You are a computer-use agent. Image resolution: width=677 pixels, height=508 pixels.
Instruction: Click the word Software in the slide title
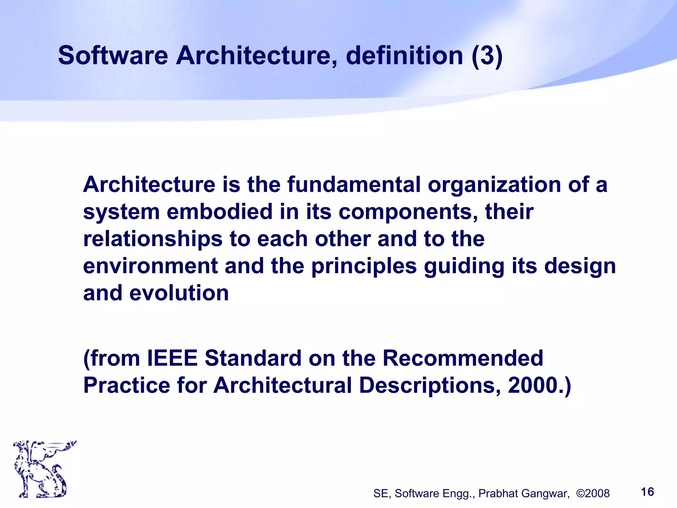pyautogui.click(x=113, y=56)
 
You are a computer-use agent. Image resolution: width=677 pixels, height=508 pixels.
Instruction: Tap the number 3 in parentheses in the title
pyautogui.click(x=487, y=56)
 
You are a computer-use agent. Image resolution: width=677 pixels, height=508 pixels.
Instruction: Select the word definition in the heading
pyautogui.click(x=404, y=56)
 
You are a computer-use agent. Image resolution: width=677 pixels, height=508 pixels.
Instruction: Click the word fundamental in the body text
pyautogui.click(x=354, y=184)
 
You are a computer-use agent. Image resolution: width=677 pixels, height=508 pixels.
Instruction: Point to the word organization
pyautogui.click(x=494, y=184)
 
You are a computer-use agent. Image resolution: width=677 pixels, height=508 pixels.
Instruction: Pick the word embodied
pyautogui.click(x=219, y=212)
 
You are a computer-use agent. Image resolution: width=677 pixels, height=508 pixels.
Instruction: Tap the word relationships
pyautogui.click(x=153, y=239)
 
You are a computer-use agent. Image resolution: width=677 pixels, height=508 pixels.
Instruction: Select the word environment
pyautogui.click(x=150, y=266)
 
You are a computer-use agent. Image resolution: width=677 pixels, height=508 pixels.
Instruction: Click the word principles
pyautogui.click(x=364, y=267)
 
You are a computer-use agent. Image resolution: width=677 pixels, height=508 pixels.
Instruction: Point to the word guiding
pyautogui.click(x=464, y=267)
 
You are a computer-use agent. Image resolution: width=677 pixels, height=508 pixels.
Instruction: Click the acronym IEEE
pyautogui.click(x=172, y=358)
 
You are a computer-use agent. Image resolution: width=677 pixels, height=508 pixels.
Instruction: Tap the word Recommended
pyautogui.click(x=463, y=358)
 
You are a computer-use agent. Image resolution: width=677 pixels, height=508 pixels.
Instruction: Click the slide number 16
pyautogui.click(x=647, y=492)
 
